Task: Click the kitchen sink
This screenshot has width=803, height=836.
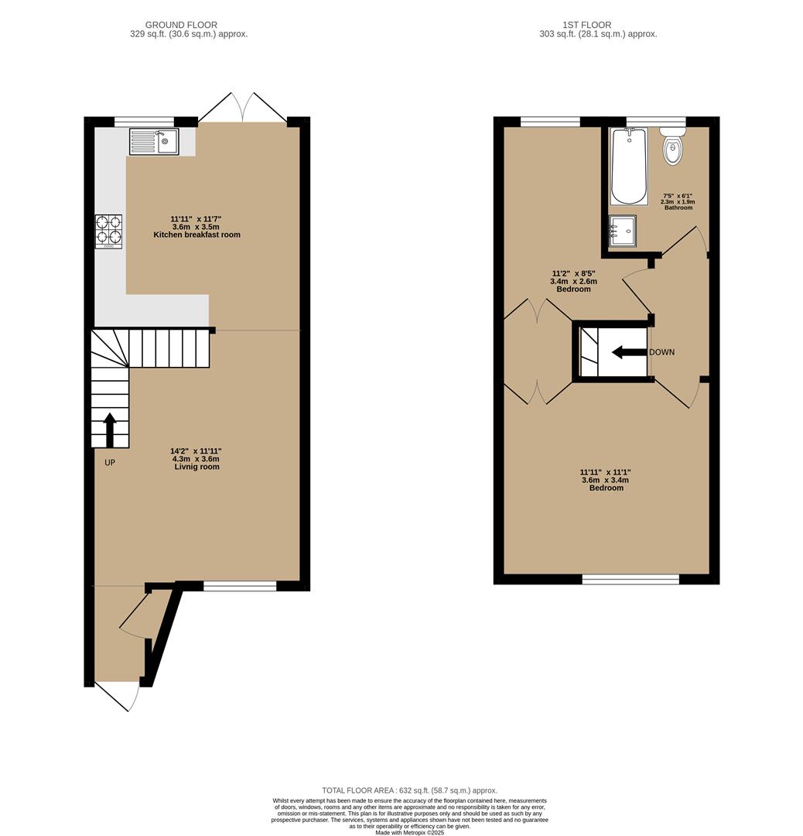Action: pos(154,141)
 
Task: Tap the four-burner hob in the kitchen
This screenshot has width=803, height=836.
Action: pos(109,231)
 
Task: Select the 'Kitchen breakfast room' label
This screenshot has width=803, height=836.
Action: pos(196,235)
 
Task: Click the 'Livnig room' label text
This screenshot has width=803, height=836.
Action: pos(196,467)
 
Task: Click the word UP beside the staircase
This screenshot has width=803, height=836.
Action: pos(110,463)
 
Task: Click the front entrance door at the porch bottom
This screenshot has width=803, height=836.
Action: pos(118,694)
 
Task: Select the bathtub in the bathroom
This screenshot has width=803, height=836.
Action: pos(628,166)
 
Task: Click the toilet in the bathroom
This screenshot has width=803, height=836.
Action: pos(673,146)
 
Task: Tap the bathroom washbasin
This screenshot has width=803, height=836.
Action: pos(623,230)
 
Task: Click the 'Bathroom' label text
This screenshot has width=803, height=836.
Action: pos(677,207)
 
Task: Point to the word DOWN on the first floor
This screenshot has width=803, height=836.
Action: pos(661,352)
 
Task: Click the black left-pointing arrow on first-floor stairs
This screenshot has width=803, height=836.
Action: pos(629,353)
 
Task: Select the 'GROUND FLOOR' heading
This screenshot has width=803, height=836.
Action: pos(181,25)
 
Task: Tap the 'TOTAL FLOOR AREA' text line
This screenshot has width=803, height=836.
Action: pos(409,790)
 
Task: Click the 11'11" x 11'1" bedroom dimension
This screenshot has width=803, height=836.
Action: pos(606,471)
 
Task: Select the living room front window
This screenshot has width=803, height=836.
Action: pos(240,586)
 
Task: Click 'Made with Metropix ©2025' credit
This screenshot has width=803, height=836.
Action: pos(409,832)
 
